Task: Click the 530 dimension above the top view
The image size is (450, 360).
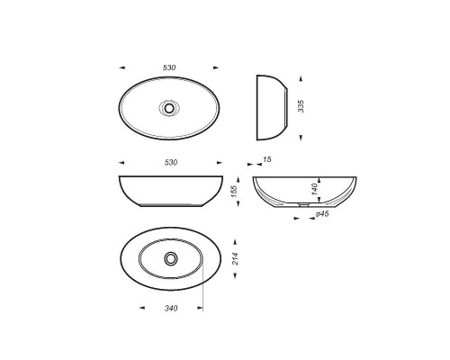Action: click(x=169, y=67)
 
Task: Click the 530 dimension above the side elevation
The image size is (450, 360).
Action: click(x=171, y=162)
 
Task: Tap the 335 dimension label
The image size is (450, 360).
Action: click(x=301, y=106)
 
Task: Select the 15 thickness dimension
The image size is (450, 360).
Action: click(x=267, y=159)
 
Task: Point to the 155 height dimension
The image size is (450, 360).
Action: click(x=234, y=191)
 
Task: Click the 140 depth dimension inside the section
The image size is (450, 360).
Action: click(x=314, y=189)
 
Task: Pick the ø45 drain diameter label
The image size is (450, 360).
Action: click(x=322, y=214)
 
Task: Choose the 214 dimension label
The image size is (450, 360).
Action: click(x=236, y=258)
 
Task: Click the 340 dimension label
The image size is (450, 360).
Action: click(x=171, y=308)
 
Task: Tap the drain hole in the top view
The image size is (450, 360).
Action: click(x=169, y=108)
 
